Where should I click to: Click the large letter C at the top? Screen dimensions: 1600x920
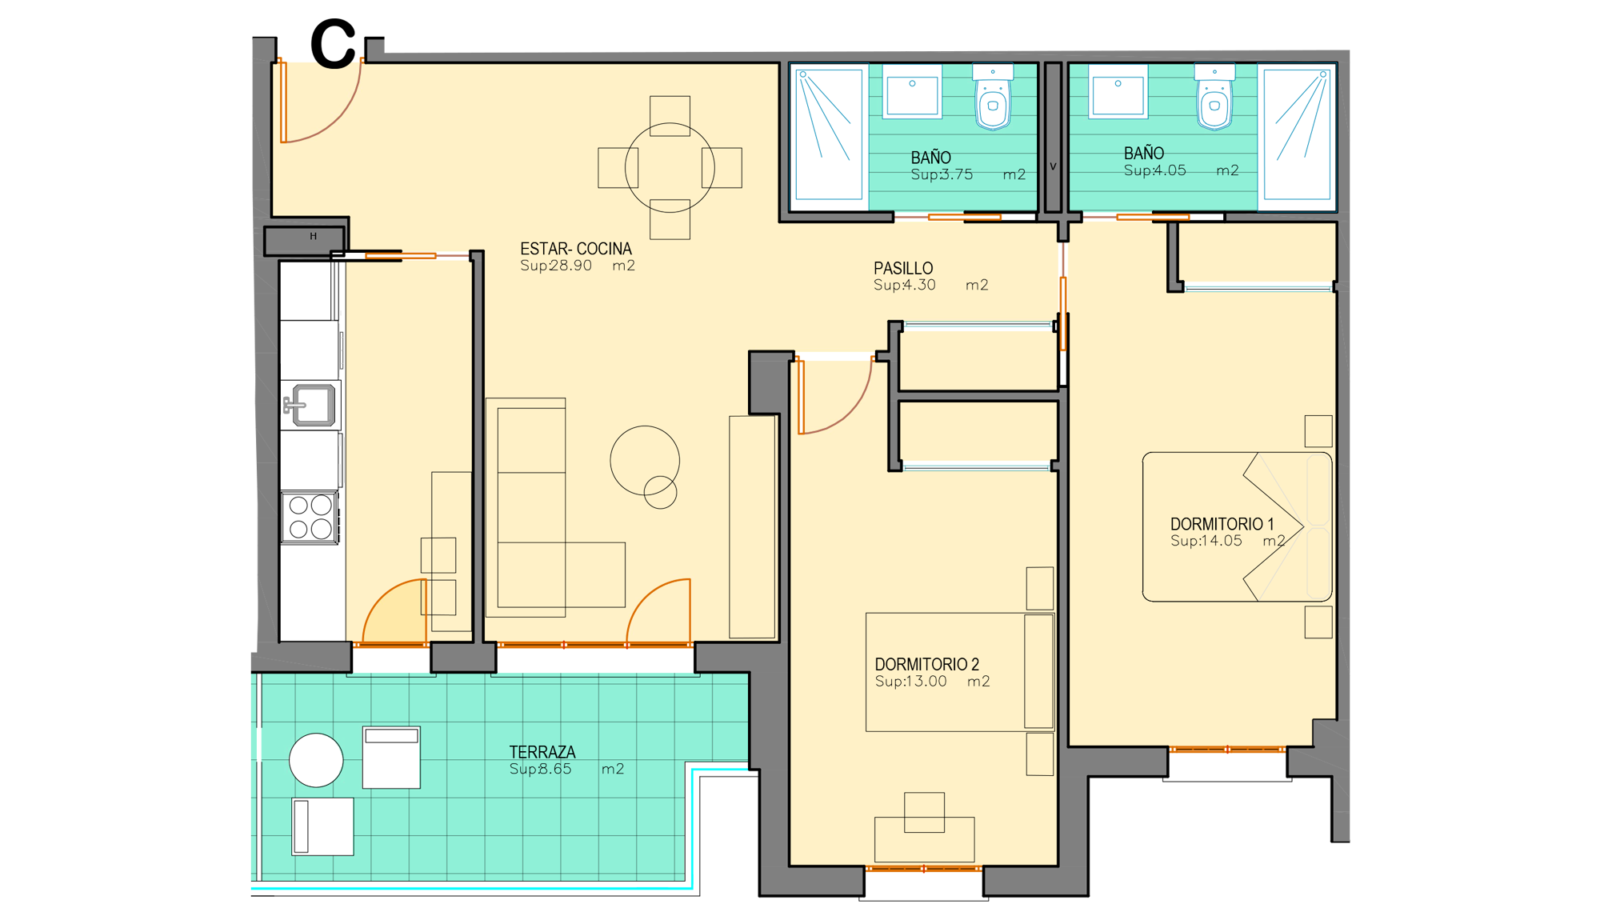point(333,45)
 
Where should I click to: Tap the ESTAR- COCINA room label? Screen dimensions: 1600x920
point(576,249)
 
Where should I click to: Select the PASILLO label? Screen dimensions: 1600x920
point(903,268)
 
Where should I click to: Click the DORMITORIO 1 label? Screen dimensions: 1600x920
point(1222,524)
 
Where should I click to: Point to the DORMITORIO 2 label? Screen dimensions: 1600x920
point(926,664)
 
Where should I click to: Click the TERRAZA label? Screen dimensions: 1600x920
point(542,752)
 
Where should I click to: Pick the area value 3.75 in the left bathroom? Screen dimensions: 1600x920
point(957,174)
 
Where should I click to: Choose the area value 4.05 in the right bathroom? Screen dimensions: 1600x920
point(1170,170)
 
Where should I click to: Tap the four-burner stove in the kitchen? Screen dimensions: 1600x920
point(310,518)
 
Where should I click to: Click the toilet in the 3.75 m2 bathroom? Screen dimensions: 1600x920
point(993,97)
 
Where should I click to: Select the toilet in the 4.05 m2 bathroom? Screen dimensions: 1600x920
point(1214,97)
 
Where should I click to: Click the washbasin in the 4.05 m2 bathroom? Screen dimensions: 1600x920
point(1118,91)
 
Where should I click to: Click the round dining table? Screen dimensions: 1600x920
point(670,167)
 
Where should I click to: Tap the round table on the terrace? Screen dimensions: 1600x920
point(316,760)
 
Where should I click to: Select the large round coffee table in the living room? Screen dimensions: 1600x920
point(645,460)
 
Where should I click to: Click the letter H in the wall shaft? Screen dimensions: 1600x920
point(314,236)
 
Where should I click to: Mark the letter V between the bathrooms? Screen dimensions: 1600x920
point(1053,166)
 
